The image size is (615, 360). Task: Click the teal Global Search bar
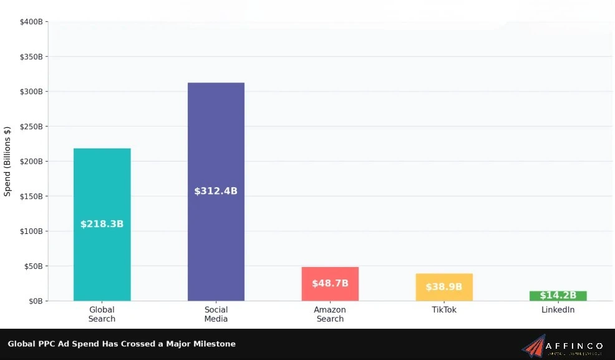click(x=102, y=187)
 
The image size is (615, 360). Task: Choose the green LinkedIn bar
click(x=558, y=296)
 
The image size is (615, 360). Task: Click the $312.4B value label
click(x=216, y=191)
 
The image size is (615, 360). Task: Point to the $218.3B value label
click(x=102, y=224)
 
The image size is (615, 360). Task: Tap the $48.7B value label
click(x=330, y=283)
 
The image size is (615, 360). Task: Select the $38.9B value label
click(x=444, y=287)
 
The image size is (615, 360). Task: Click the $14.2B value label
click(x=558, y=295)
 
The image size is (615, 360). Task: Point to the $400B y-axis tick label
click(x=31, y=22)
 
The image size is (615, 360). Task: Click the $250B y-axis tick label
click(x=31, y=127)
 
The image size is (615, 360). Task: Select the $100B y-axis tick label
click(x=31, y=231)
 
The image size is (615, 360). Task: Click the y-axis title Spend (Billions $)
click(x=7, y=162)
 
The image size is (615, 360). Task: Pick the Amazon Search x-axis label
click(x=330, y=314)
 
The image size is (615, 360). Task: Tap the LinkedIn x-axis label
click(x=558, y=310)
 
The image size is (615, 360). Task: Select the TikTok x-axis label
click(x=444, y=310)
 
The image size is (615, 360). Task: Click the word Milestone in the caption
click(x=215, y=344)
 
